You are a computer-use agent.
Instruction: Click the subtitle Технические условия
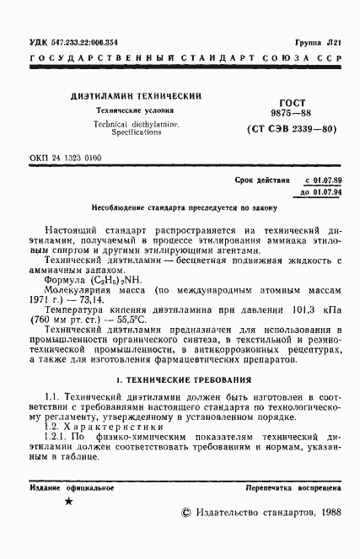coord(136,110)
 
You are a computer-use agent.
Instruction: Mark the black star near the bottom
coord(69,502)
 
